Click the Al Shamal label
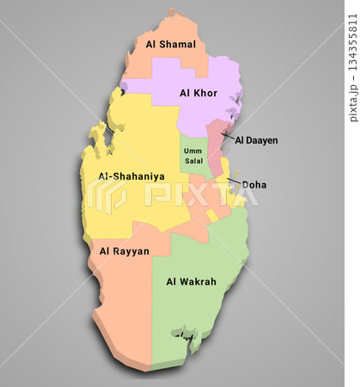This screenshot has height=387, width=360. (x=170, y=44)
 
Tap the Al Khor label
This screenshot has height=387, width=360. (x=198, y=92)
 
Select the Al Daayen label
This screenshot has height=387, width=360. (x=256, y=139)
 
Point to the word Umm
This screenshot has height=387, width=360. (x=192, y=150)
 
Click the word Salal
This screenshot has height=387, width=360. (x=192, y=161)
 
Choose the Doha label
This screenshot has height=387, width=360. (x=254, y=184)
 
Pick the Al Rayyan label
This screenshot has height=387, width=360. (x=125, y=251)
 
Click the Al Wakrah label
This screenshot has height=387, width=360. (x=191, y=281)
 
